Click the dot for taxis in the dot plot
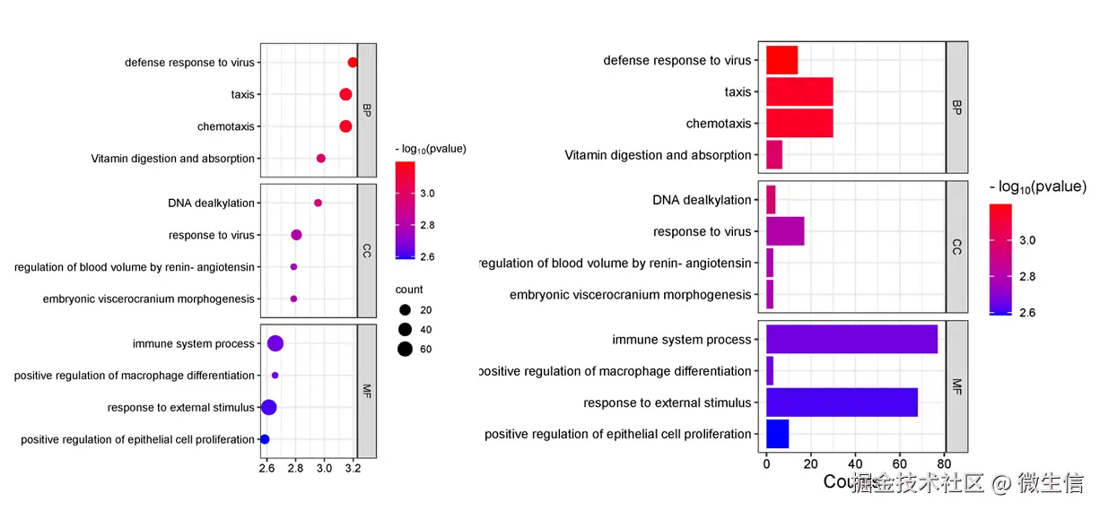[x=345, y=94]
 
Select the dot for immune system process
[x=275, y=343]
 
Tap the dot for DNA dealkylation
[x=318, y=203]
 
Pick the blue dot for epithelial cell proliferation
[x=265, y=439]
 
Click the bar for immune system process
[x=851, y=340]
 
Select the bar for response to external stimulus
[x=842, y=403]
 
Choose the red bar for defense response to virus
[x=781, y=60]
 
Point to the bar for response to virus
[x=785, y=231]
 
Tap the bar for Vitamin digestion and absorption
[x=774, y=155]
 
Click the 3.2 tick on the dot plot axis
[x=353, y=468]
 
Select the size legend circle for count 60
[x=405, y=349]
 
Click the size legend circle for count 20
[x=405, y=310]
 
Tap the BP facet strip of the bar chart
[x=956, y=108]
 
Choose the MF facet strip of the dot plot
[x=367, y=390]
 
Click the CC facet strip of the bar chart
[x=956, y=247]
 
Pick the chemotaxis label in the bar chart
[x=719, y=124]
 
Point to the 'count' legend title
[x=409, y=290]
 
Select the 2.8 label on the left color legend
[x=427, y=225]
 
